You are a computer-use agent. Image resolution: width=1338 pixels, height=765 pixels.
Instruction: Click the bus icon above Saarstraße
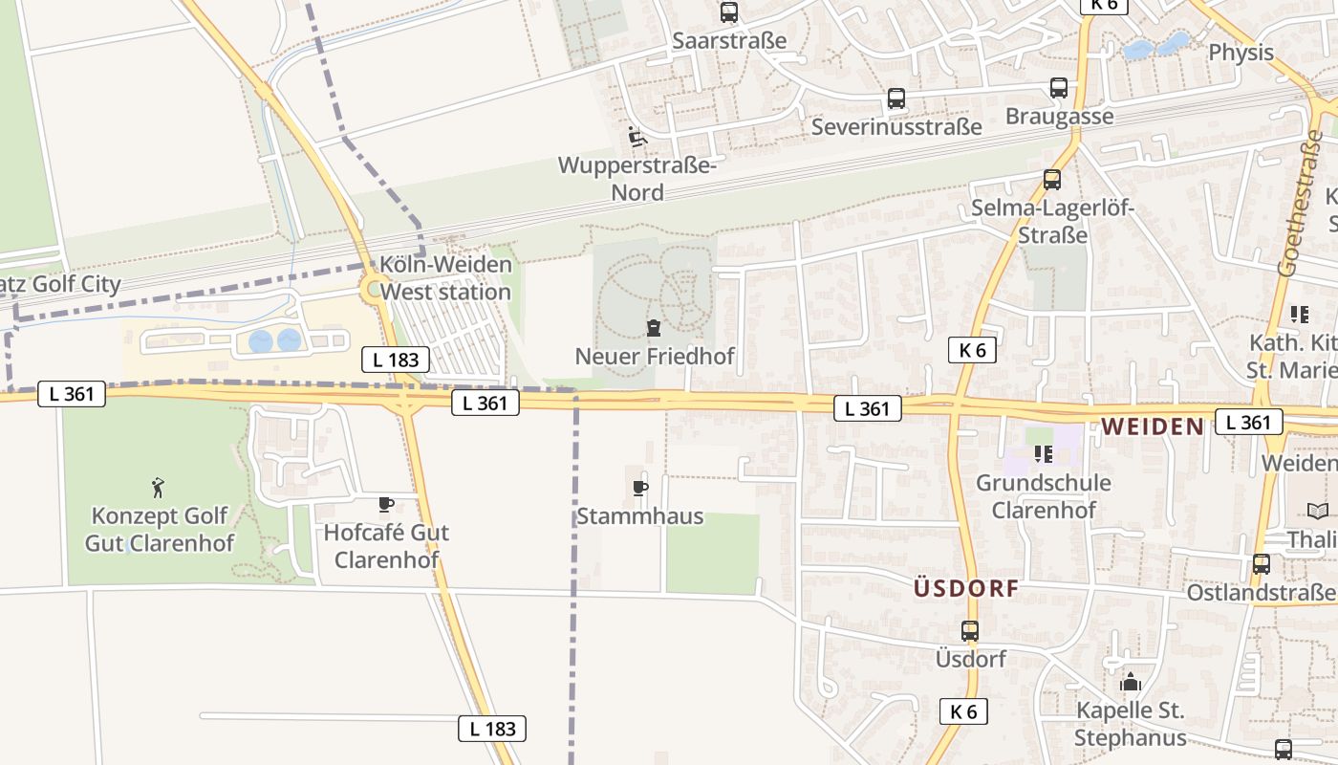pos(729,12)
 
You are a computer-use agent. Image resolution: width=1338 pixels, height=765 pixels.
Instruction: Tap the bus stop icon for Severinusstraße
pos(896,98)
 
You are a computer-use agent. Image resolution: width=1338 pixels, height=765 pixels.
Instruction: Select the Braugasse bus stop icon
pos(1059,88)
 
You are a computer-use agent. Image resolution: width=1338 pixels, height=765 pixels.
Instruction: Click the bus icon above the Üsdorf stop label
pos(970,631)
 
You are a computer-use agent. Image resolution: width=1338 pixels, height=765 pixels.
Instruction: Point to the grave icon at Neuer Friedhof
pos(654,329)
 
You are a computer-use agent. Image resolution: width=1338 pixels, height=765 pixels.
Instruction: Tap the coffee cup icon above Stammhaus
pos(640,489)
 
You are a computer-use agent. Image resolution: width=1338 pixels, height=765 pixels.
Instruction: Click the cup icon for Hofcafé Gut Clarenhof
pos(386,504)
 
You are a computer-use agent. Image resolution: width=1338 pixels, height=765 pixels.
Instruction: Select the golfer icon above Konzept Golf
pos(159,488)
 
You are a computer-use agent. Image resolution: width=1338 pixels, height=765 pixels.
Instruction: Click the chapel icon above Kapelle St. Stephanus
pos(1131,682)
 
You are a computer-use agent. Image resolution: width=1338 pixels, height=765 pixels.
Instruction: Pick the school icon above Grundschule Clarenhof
pos(1043,454)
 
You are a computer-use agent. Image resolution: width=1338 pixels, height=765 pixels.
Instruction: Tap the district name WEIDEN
pos(1153,426)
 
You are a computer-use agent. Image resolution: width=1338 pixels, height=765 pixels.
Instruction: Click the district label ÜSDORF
pos(966,588)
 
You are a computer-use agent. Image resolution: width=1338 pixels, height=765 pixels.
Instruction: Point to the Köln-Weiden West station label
pos(446,277)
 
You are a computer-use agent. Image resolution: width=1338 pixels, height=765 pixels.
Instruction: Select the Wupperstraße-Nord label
pos(637,178)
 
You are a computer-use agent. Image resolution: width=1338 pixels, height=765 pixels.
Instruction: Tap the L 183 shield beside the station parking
pos(396,360)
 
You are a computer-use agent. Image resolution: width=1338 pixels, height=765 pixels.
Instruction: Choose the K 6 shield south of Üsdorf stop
pos(963,711)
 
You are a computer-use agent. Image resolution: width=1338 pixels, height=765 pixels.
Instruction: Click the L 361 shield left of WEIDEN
pos(868,408)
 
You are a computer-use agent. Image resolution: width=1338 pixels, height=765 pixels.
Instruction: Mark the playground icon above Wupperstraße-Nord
pos(637,137)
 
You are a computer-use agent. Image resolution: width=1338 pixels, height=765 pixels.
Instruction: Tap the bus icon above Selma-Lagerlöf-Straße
pos(1052,180)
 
